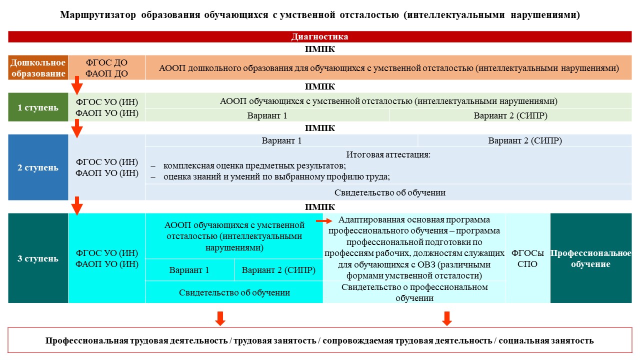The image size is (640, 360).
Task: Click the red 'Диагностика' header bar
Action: pos(319,36)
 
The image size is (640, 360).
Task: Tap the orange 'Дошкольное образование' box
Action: pos(38,67)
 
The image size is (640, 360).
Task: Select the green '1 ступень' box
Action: pos(38,107)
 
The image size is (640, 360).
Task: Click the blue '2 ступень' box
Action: pos(38,167)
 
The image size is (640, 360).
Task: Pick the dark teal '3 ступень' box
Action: pos(38,258)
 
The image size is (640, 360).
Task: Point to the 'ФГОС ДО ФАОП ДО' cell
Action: pos(106,67)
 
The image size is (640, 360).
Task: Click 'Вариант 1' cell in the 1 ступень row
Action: pos(267,115)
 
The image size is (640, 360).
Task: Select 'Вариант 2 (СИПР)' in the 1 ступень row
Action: pos(510,115)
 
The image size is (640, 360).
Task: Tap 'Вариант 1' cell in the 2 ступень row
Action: pos(281,140)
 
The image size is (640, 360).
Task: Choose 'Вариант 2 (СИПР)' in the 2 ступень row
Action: pos(525,140)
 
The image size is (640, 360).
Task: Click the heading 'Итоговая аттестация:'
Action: pos(388,154)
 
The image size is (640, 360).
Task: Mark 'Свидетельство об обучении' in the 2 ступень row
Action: pos(389,192)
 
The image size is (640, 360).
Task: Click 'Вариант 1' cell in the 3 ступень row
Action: pos(189,270)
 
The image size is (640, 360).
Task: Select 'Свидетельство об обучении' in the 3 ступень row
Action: pos(234,292)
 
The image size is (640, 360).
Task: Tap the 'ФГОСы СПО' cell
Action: pos(527,258)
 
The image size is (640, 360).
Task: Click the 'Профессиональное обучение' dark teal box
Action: pos(591,258)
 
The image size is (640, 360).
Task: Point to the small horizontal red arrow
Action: pos(324,221)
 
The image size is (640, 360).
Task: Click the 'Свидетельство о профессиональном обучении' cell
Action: pos(414,292)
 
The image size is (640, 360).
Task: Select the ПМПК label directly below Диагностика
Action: pos(319,49)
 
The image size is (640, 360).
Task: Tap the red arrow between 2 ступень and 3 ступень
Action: pos(77,205)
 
